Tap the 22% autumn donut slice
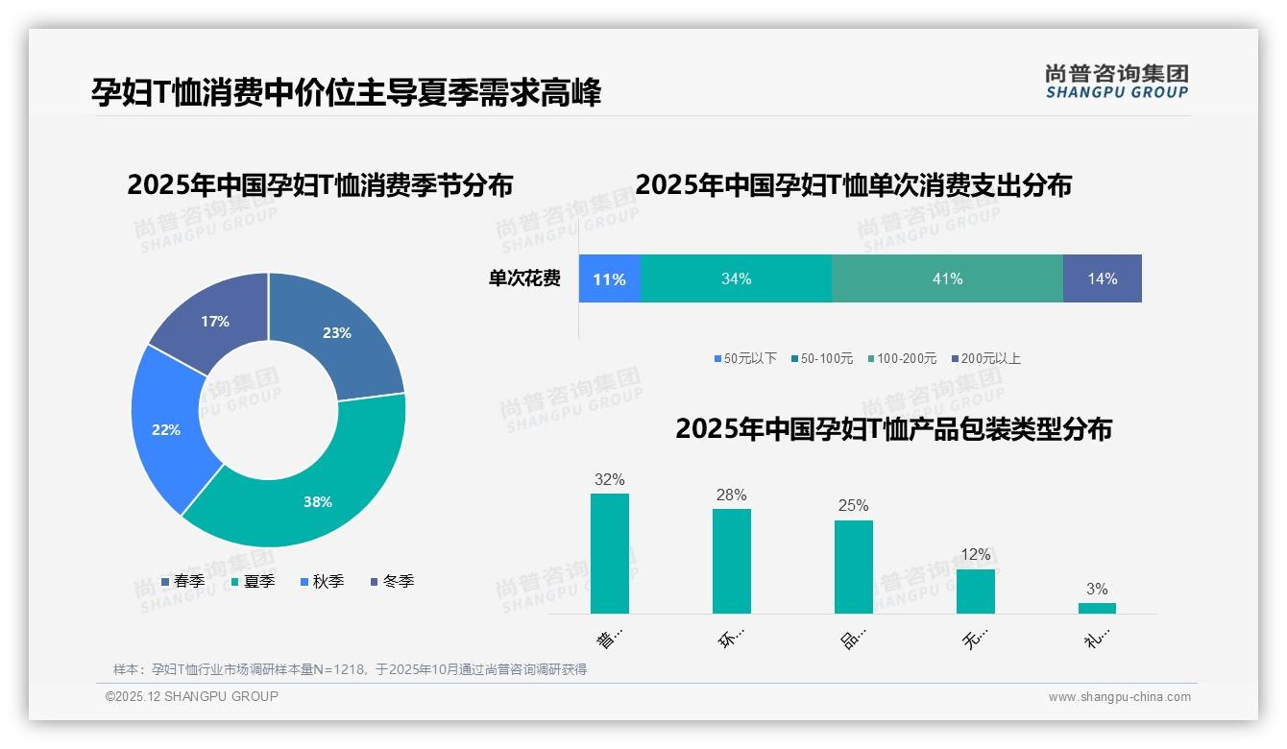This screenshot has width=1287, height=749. coord(168,429)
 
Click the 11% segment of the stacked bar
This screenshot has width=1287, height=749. coord(609,278)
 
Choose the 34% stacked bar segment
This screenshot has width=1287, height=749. coord(736,278)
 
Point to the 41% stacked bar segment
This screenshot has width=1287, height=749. coord(947,278)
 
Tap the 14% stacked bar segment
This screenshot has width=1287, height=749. coord(1102,278)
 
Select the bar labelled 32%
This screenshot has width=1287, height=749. coord(609,553)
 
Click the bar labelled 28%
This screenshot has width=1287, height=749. coord(731,561)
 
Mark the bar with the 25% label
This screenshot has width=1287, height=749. coord(853,567)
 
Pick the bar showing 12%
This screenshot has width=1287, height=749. coord(975,591)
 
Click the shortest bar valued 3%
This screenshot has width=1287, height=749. coord(1097,608)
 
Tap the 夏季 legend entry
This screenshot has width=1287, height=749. coord(254,581)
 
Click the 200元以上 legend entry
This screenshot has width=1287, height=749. coord(985,358)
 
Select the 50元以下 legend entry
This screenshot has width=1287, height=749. coord(745,358)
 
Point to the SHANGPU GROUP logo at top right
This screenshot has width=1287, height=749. coord(1116,82)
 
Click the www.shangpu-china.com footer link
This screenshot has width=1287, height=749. coord(1119,696)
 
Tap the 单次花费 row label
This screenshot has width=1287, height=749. coord(524,278)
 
